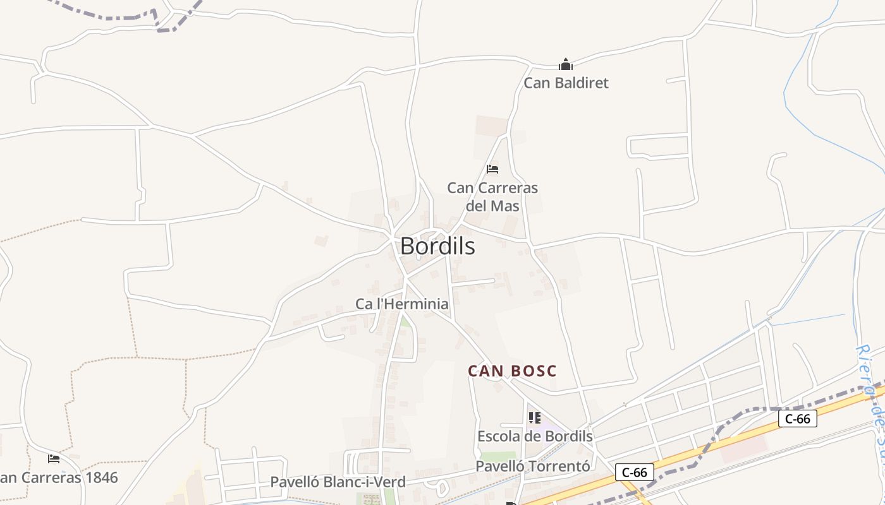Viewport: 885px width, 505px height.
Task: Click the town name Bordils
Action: pyautogui.click(x=437, y=246)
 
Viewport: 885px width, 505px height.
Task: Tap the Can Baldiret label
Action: pyautogui.click(x=566, y=83)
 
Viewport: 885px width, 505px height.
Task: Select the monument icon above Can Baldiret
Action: pyautogui.click(x=565, y=64)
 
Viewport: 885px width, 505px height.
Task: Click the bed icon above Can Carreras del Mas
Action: pyautogui.click(x=492, y=169)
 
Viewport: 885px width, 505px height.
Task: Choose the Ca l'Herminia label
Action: pyautogui.click(x=402, y=304)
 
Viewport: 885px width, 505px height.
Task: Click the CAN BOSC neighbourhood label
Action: pyautogui.click(x=512, y=371)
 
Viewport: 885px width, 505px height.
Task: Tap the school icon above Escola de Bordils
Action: pyautogui.click(x=535, y=418)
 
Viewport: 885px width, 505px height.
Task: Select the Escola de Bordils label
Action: pyautogui.click(x=535, y=436)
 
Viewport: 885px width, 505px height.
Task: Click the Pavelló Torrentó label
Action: pyautogui.click(x=532, y=466)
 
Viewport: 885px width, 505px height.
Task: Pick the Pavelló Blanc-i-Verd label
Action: pyautogui.click(x=338, y=482)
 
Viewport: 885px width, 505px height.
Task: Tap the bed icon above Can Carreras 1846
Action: pyautogui.click(x=54, y=459)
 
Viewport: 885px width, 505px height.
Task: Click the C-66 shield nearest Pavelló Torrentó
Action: pyautogui.click(x=634, y=472)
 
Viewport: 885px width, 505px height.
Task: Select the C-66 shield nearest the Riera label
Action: pyautogui.click(x=797, y=418)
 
